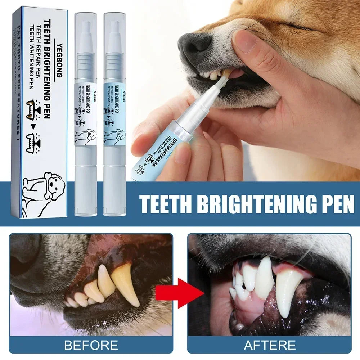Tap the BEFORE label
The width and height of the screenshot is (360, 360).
pos(91,345)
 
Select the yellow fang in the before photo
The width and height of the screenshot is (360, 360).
pos(126,281)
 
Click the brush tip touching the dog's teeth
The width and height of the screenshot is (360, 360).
pos(223,77)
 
